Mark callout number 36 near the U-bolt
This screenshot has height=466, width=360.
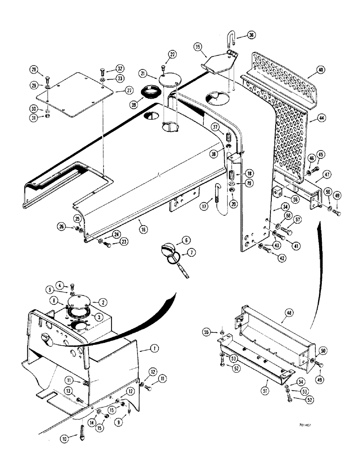pyautogui.click(x=251, y=35)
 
